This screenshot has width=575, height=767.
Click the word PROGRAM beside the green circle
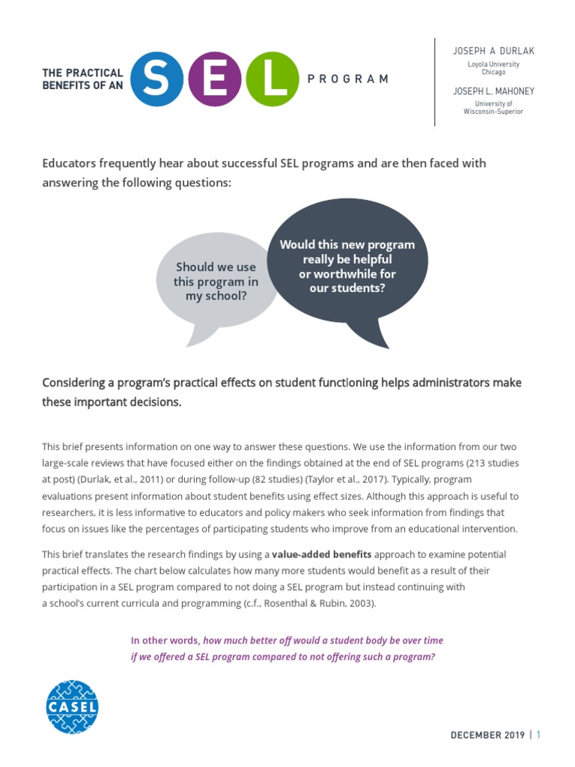pos(348,79)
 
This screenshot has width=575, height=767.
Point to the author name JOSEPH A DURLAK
pos(493,51)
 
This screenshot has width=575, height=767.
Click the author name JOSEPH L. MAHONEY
pos(493,91)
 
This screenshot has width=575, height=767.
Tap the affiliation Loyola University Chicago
pos(493,68)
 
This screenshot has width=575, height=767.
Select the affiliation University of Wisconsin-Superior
pos(493,107)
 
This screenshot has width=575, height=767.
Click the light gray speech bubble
pos(216,282)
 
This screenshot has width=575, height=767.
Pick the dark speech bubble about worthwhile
pos(347,267)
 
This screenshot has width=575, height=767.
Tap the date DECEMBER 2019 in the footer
pos(487,736)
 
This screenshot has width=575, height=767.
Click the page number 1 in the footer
pos(538,736)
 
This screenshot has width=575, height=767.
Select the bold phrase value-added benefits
pos(320,554)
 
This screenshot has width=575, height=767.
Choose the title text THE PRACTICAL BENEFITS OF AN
pos(82,79)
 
